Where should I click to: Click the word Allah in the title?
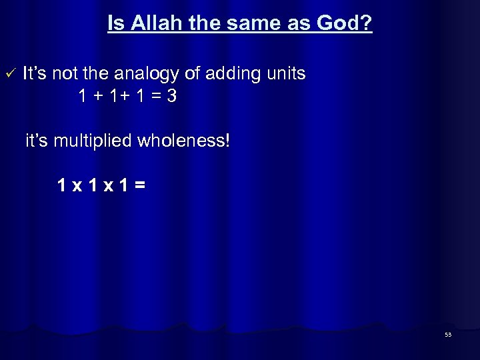153,25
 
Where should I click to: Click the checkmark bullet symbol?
9,72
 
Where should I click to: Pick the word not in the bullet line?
68,73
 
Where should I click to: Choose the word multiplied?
93,141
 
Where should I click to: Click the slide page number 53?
448,335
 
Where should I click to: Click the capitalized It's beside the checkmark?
35,73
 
